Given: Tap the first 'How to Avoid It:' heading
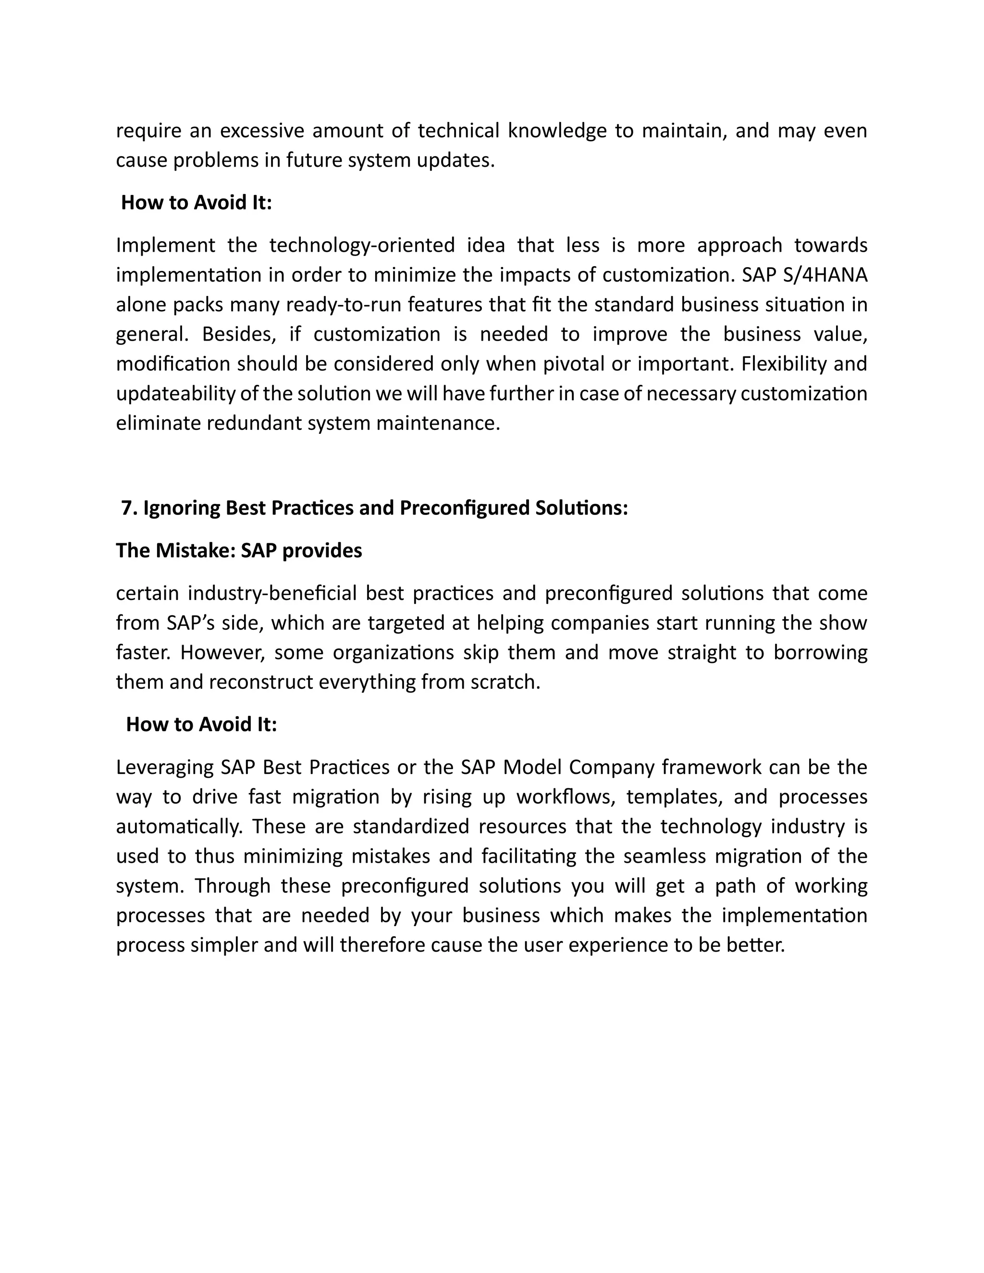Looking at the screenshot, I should click(x=197, y=203).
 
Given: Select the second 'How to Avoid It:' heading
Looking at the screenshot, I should click(x=201, y=724).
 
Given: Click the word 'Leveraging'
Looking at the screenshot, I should click(x=165, y=767).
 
